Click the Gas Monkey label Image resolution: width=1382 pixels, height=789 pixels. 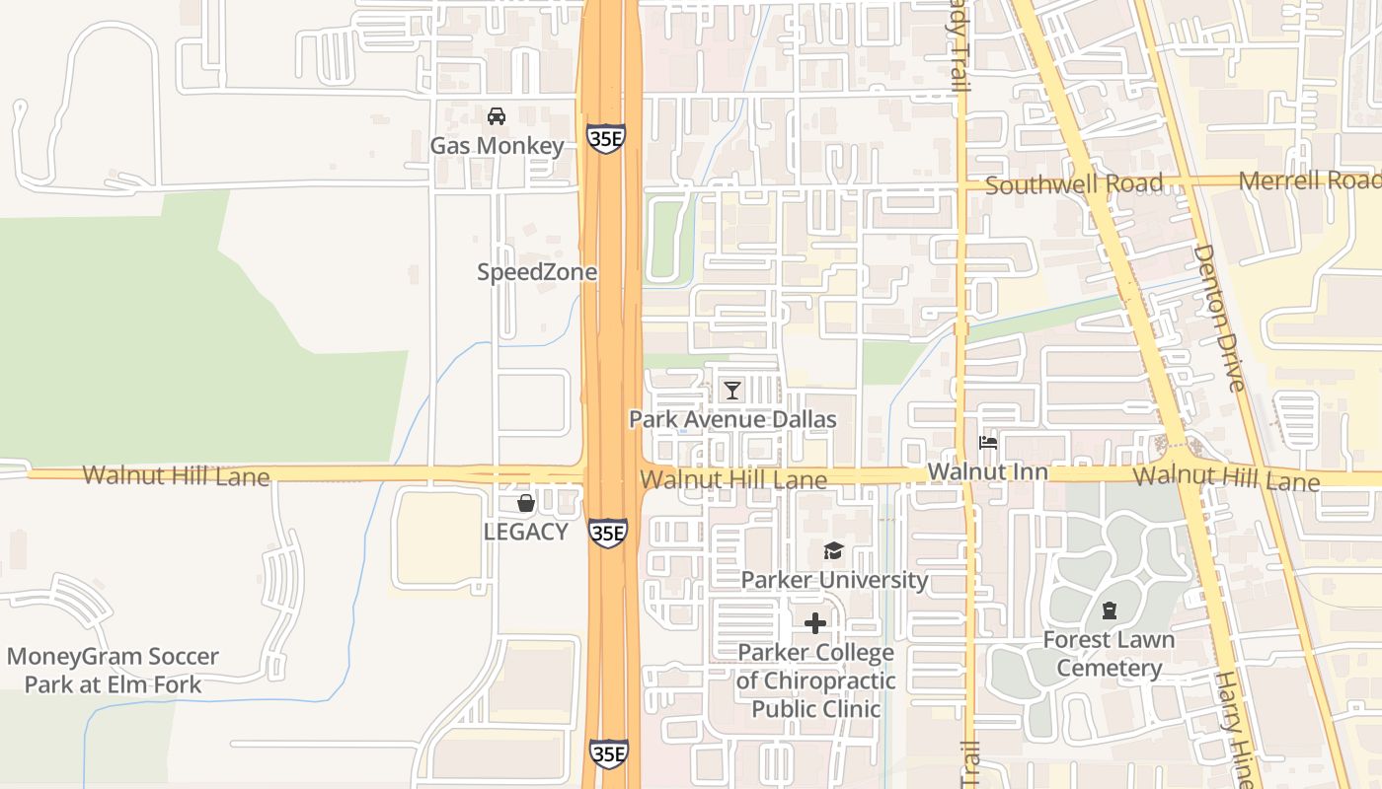click(497, 146)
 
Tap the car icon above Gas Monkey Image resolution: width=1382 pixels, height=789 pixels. click(497, 116)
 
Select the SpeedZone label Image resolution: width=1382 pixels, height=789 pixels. click(537, 272)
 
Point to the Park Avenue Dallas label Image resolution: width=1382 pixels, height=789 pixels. click(732, 419)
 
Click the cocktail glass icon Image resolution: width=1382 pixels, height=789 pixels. click(731, 391)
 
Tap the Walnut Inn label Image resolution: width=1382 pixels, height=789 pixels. click(987, 472)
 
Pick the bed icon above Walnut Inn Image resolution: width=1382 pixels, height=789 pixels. click(987, 443)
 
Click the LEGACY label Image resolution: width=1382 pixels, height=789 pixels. click(525, 532)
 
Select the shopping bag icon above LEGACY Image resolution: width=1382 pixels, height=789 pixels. click(526, 503)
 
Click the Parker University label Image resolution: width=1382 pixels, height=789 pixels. click(834, 579)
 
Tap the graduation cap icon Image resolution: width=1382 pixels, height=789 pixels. click(834, 550)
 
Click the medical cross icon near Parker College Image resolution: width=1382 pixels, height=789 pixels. click(815, 623)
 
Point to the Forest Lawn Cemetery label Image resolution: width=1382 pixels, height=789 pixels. click(1110, 654)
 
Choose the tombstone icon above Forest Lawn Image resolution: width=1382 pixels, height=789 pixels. click(1110, 610)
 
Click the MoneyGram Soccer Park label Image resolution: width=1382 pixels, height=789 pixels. click(113, 671)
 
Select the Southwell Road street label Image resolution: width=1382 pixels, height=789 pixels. click(1074, 184)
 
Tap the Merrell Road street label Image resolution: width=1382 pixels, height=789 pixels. click(1309, 180)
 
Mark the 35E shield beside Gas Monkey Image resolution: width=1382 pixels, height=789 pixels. click(605, 138)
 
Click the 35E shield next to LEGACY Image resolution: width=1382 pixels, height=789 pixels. click(608, 533)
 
